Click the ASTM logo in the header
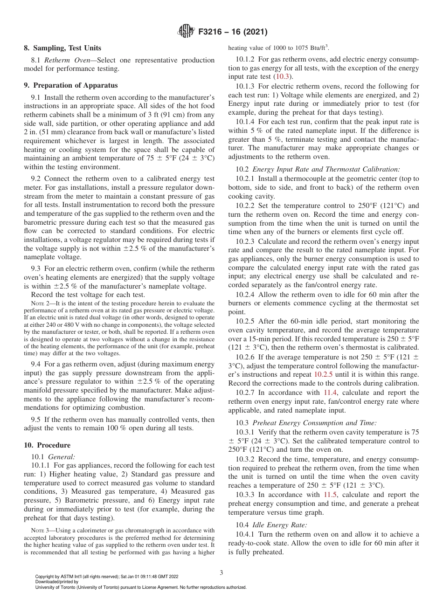tap(186, 32)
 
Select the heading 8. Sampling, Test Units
tap(62, 48)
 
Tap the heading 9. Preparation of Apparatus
tap(71, 85)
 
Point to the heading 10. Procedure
tap(47, 445)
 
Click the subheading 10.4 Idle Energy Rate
tap(271, 525)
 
